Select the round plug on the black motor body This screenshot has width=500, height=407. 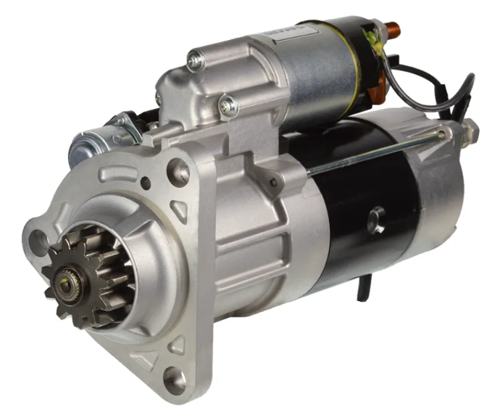pyautogui.click(x=376, y=220)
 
